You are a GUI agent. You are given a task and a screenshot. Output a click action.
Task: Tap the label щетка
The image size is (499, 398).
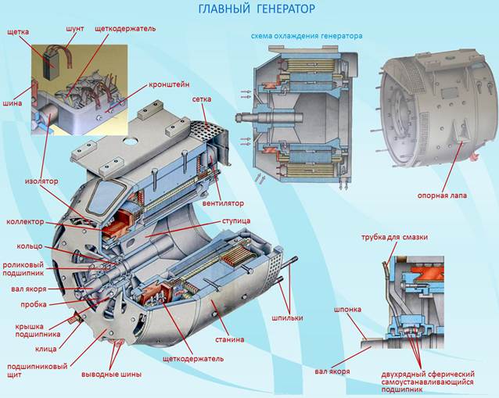point(18,33)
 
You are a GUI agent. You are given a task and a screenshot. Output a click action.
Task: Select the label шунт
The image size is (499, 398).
point(76,28)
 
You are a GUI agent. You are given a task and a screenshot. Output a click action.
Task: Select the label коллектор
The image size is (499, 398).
point(25,222)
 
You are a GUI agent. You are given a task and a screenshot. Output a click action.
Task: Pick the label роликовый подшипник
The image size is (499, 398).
point(22,270)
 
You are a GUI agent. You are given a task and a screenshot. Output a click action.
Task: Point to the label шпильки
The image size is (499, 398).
point(287,317)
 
